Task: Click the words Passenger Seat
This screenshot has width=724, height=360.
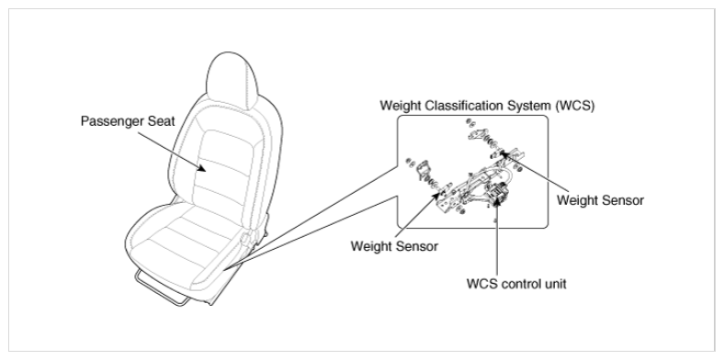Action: (128, 121)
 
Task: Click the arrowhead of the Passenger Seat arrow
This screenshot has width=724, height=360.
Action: (202, 168)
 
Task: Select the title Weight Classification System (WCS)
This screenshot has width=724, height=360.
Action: (487, 106)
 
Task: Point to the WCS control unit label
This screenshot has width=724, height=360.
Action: (516, 284)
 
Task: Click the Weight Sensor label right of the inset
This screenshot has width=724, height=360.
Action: (600, 200)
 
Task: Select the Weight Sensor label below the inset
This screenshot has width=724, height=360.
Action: (394, 246)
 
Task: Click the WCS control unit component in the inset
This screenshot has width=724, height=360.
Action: (498, 193)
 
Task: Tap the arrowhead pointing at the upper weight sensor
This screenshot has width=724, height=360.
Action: (504, 153)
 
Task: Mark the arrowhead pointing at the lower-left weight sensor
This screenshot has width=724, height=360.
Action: (436, 197)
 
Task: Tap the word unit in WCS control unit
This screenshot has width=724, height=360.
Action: (556, 284)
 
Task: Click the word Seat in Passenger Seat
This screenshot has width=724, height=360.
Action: (161, 121)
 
